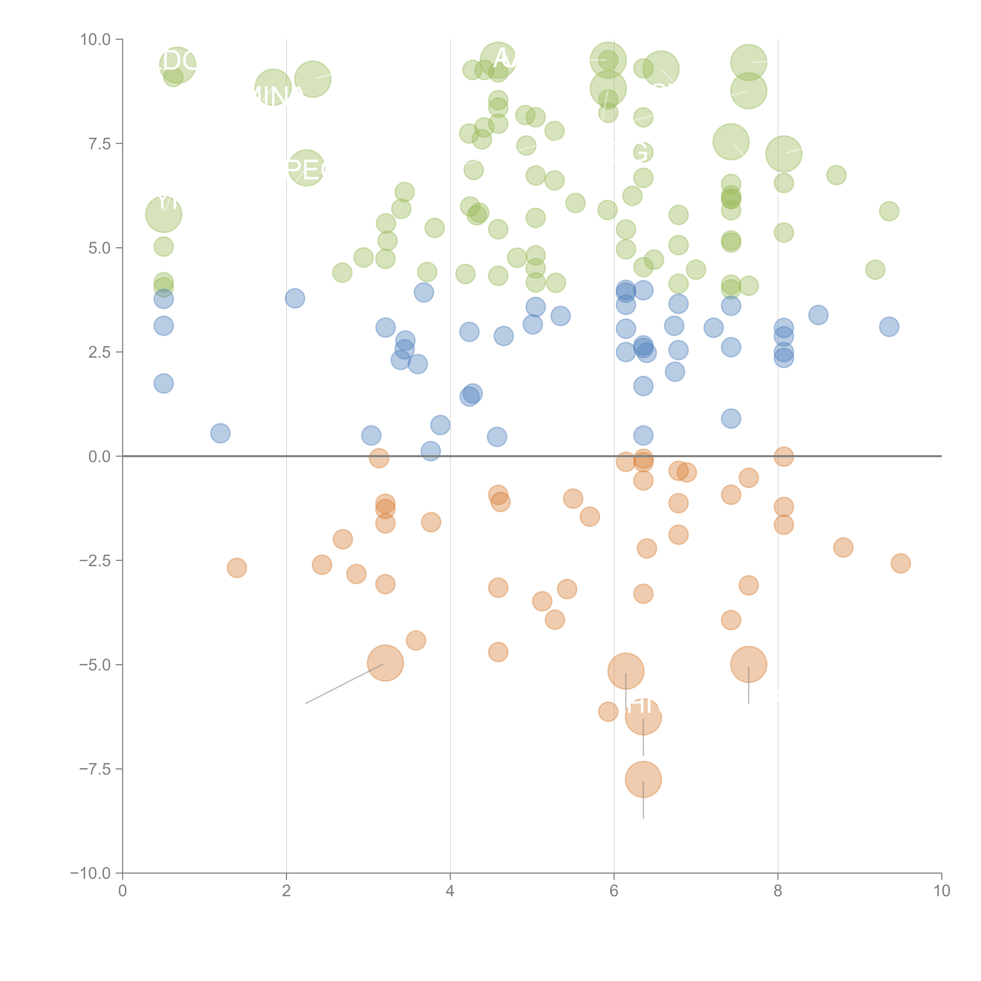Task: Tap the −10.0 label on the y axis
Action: (90, 873)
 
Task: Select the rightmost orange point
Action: (900, 563)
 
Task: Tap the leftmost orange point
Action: (237, 568)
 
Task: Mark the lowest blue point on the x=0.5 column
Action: (163, 383)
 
